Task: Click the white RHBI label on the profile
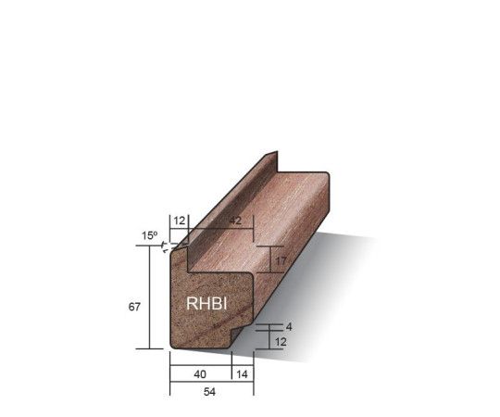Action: (x=206, y=303)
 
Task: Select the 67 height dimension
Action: (x=134, y=307)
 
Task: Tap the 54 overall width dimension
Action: (x=209, y=392)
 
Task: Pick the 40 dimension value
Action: (x=200, y=374)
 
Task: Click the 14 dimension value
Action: (x=242, y=374)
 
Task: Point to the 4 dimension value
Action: (x=289, y=327)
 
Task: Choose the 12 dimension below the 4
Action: (x=281, y=342)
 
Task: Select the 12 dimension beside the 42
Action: (x=180, y=221)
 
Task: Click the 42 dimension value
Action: (x=235, y=221)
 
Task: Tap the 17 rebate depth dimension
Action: (x=281, y=261)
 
